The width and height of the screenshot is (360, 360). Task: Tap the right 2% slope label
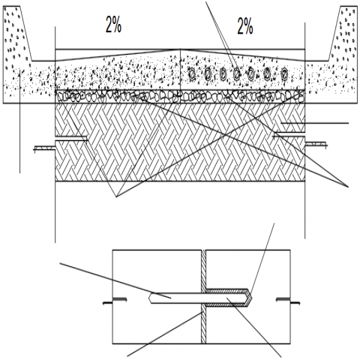245,26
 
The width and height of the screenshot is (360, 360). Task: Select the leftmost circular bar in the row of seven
192,73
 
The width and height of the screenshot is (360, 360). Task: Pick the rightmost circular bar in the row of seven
284,73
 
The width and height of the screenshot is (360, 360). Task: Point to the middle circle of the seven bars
236,73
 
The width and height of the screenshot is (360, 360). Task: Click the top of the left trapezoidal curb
12,7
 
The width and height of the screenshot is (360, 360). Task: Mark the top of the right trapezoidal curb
349,7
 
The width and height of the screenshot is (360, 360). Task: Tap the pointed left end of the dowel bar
149,298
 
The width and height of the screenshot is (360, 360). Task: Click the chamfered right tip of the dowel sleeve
250,298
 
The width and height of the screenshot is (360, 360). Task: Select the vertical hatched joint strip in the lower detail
203,297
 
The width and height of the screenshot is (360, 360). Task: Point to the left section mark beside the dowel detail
115,301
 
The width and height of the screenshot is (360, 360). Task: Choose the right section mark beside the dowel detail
288,301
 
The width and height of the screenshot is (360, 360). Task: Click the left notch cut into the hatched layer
71,139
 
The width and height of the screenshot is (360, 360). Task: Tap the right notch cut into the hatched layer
289,135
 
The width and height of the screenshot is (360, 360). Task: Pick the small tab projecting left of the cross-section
44,148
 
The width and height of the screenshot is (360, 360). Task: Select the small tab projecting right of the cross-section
316,145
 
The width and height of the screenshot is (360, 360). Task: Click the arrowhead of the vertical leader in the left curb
19,72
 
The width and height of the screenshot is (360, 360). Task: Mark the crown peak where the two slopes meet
181,49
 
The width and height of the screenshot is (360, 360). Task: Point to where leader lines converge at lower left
116,197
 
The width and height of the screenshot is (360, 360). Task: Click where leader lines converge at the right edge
348,187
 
